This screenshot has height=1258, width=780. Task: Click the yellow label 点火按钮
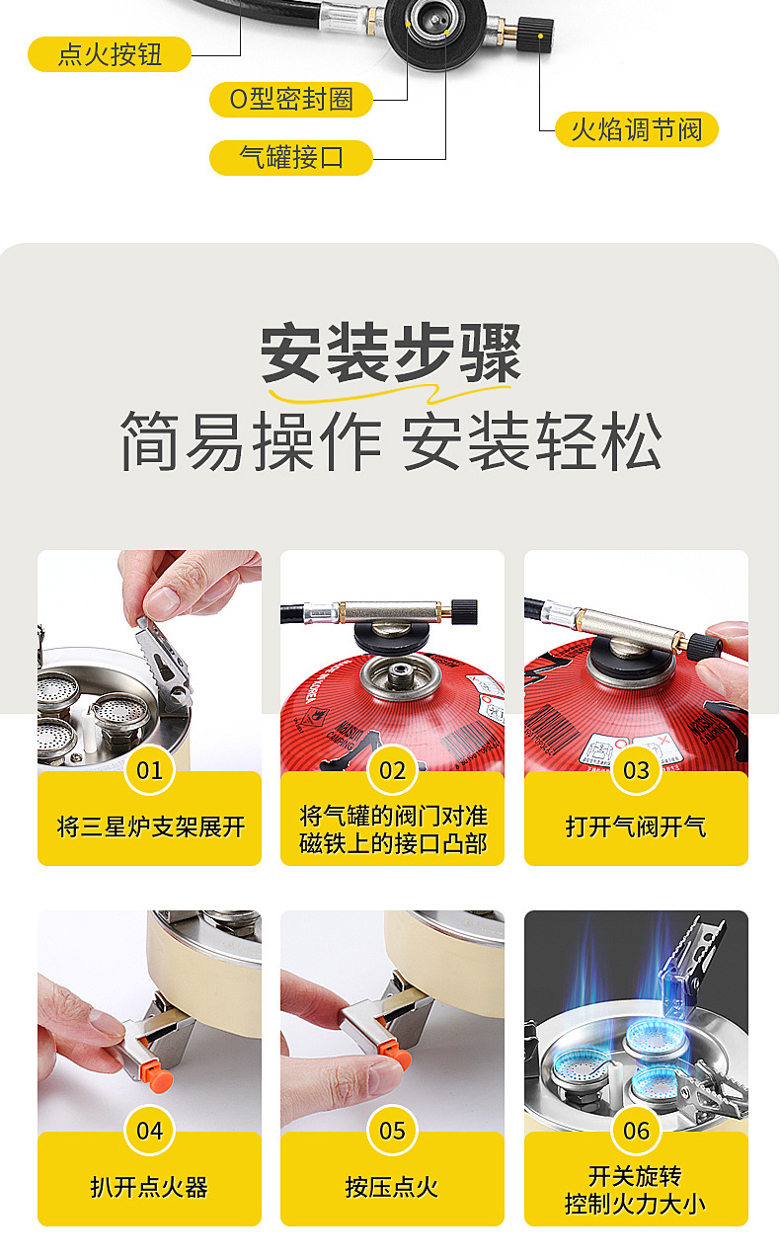(x=110, y=54)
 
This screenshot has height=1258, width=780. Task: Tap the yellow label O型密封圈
(x=291, y=100)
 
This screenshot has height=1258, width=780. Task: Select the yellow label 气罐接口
(x=291, y=158)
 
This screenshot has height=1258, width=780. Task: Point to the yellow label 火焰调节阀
(x=636, y=129)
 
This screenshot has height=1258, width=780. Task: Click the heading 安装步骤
(x=391, y=354)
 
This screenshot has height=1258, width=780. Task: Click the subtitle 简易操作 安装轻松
(x=391, y=440)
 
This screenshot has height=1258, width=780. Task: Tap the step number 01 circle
(x=149, y=770)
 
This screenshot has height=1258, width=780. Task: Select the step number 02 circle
(x=392, y=770)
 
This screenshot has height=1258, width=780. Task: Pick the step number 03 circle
(x=636, y=770)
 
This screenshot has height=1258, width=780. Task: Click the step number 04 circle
(x=149, y=1130)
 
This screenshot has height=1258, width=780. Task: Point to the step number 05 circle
(x=392, y=1130)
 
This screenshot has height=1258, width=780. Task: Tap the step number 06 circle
(x=636, y=1130)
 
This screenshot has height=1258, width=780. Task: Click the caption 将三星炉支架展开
(x=150, y=826)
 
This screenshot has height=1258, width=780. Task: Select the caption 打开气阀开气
(x=636, y=826)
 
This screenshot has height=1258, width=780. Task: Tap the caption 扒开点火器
(x=149, y=1187)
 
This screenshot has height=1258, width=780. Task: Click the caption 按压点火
(x=392, y=1187)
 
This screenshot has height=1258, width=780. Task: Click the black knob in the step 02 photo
(x=464, y=611)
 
